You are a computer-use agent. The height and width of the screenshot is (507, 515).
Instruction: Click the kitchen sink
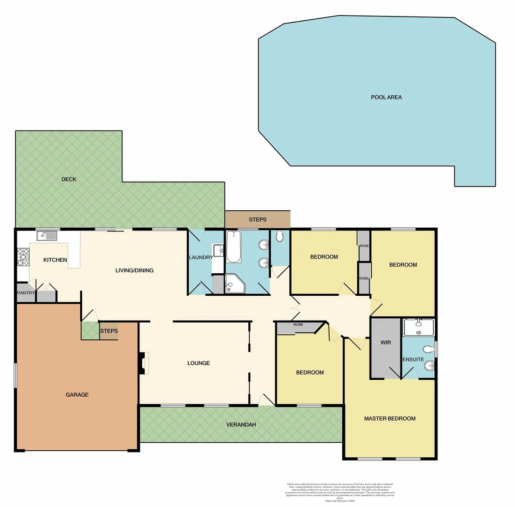(47, 236)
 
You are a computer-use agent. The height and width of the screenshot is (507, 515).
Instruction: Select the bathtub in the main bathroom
(233, 246)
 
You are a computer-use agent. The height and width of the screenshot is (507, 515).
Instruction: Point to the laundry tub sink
(218, 250)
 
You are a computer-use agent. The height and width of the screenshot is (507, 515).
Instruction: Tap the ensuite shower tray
(418, 327)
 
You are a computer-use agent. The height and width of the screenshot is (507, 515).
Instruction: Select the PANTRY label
(26, 293)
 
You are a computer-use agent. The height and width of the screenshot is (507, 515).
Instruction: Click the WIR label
(385, 342)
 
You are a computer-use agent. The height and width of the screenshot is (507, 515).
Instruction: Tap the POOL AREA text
(386, 98)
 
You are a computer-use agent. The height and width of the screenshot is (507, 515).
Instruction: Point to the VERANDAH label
(241, 425)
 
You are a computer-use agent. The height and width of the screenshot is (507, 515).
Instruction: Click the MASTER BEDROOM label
(390, 419)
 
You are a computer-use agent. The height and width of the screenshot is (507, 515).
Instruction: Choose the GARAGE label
(77, 395)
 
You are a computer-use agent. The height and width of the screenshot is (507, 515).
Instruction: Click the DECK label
(69, 179)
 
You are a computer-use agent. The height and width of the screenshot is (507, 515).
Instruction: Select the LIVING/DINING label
(135, 270)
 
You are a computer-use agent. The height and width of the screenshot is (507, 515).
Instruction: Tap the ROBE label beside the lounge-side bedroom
(298, 325)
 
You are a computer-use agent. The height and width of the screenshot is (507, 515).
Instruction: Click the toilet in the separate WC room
(280, 237)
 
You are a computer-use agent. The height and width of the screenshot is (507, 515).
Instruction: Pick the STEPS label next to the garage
(108, 331)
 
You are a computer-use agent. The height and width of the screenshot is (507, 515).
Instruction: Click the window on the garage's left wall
(16, 376)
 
